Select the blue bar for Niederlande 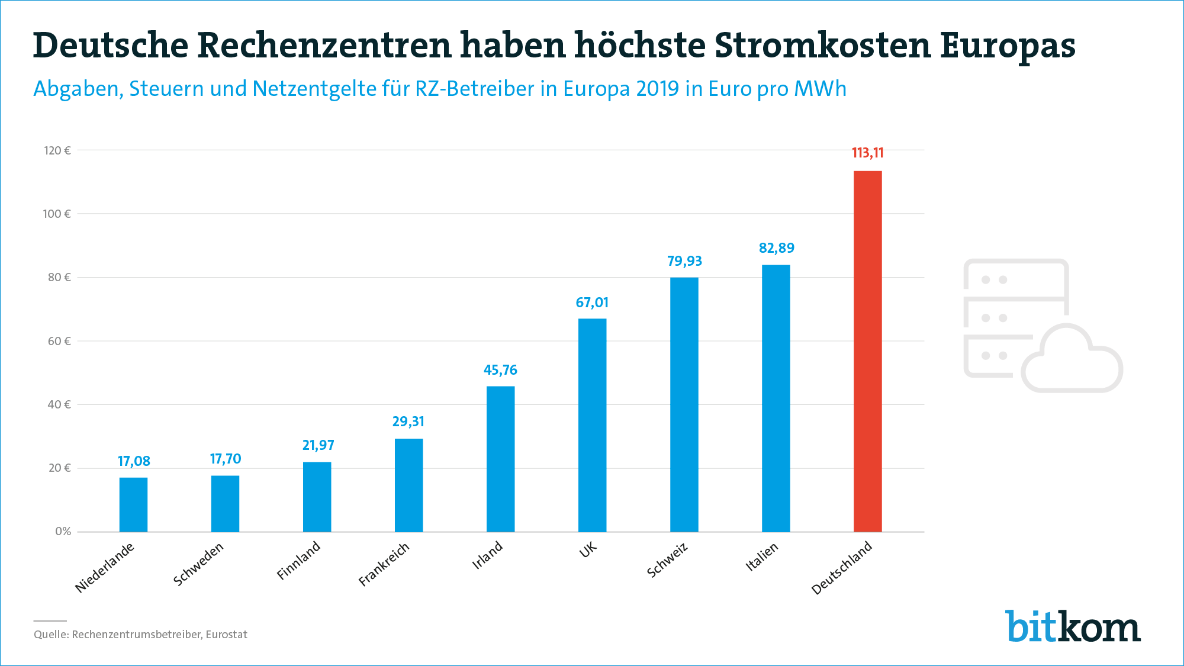[x=133, y=504]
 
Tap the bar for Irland [x=500, y=459]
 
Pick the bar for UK [x=592, y=425]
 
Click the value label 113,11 [x=867, y=153]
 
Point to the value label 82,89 [x=776, y=248]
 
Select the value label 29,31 [x=408, y=422]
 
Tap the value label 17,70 [x=225, y=459]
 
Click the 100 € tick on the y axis [x=57, y=214]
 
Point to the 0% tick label [x=63, y=532]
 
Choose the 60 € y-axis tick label [x=59, y=341]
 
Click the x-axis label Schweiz [x=667, y=559]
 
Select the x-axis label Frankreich [x=384, y=564]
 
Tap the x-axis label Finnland [x=298, y=560]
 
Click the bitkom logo [x=1072, y=626]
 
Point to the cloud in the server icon [x=1072, y=362]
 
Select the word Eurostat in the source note [x=226, y=635]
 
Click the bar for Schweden [x=225, y=503]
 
